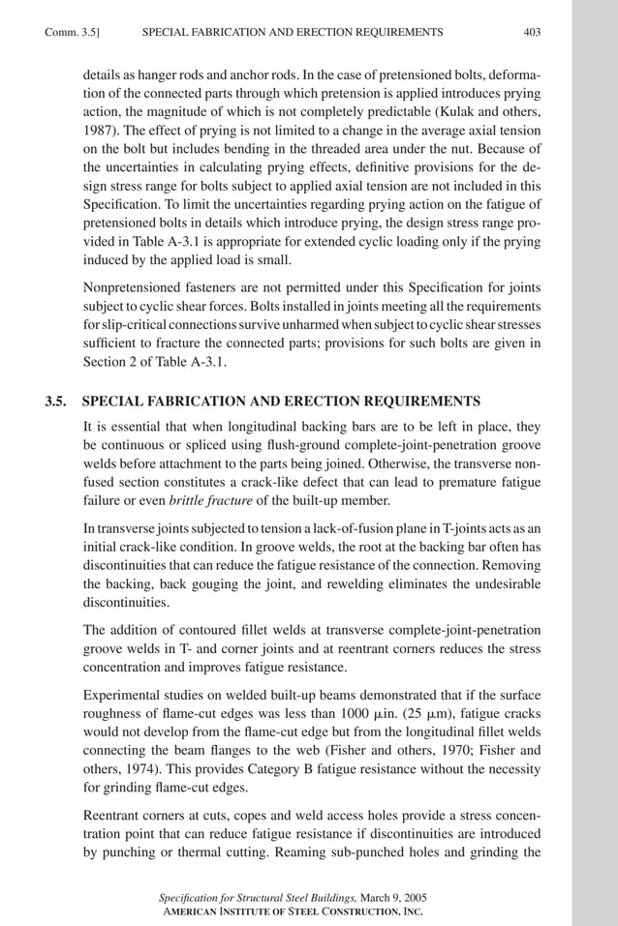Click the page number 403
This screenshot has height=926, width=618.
[x=532, y=33]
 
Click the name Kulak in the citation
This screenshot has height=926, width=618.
[x=473, y=106]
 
